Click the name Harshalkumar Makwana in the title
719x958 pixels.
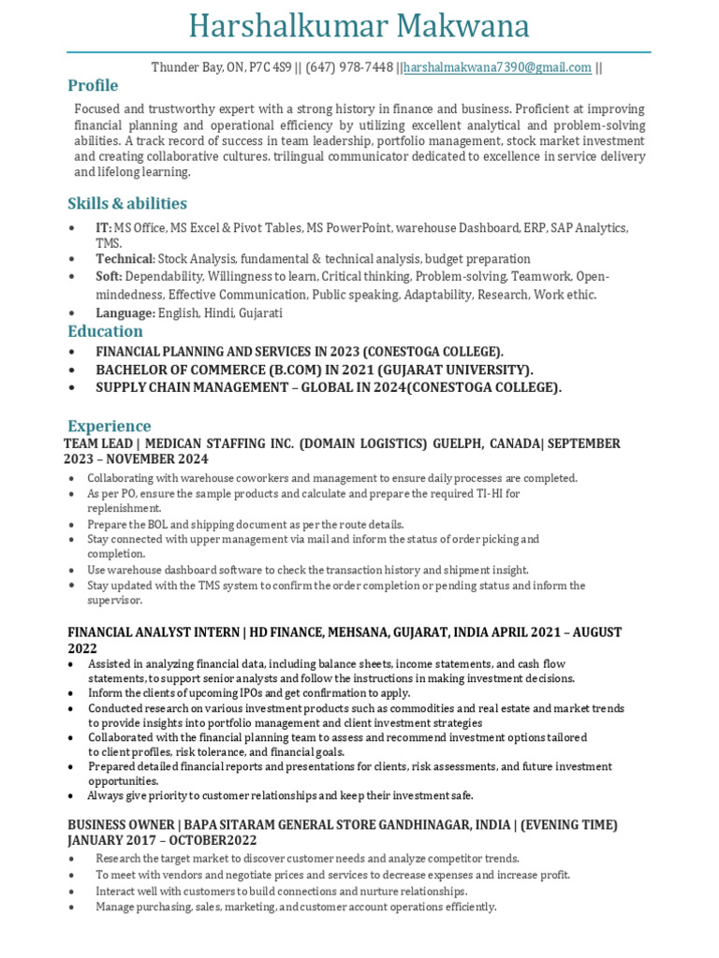[359, 25]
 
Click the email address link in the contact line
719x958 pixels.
[497, 67]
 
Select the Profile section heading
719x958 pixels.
[93, 86]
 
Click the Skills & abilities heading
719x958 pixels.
[127, 203]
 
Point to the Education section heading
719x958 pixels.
[105, 331]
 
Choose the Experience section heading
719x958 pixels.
[109, 426]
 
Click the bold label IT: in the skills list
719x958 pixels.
[103, 228]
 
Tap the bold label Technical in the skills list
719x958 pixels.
[124, 258]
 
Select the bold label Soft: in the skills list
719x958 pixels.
[109, 277]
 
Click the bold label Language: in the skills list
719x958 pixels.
[125, 313]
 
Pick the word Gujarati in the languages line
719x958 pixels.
[261, 313]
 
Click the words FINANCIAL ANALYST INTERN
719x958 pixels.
[153, 632]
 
